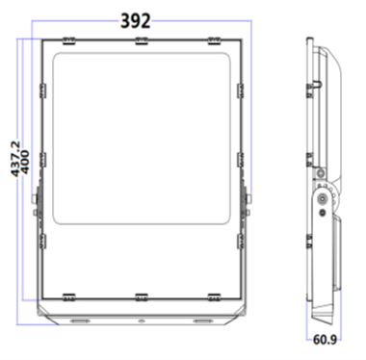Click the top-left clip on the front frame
tap(68, 40)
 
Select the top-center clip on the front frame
tap(142, 40)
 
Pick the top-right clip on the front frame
tap(215, 40)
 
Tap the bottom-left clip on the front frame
tap(68, 294)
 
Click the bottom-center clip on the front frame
tap(142, 294)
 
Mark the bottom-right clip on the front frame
tap(215, 294)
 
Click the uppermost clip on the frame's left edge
tap(42, 88)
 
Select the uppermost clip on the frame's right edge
tap(241, 88)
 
